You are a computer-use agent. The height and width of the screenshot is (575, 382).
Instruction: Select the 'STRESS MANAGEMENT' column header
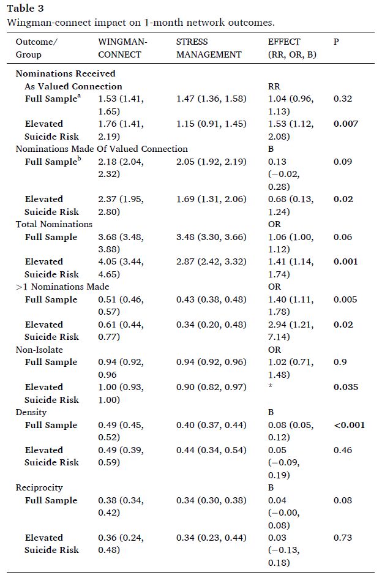tap(209, 48)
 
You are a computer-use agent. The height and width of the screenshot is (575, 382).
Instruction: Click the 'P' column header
tap(337, 42)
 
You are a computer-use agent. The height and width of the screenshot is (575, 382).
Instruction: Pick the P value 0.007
tap(346, 124)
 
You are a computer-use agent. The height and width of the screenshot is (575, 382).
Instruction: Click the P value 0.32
tap(343, 99)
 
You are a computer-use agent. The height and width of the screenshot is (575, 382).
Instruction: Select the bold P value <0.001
tap(349, 425)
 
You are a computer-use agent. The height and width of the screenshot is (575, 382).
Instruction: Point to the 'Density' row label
tap(31, 413)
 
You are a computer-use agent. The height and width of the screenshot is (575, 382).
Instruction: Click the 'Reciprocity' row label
tap(39, 488)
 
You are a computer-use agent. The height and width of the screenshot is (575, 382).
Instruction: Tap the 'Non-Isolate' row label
tap(39, 350)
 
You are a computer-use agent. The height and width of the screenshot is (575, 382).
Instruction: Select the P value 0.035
tap(346, 387)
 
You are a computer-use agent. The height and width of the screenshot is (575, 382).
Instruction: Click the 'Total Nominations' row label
tap(54, 224)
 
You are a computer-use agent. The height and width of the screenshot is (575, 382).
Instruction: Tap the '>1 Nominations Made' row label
tap(62, 287)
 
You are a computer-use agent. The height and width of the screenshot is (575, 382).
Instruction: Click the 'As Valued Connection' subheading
tap(73, 86)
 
